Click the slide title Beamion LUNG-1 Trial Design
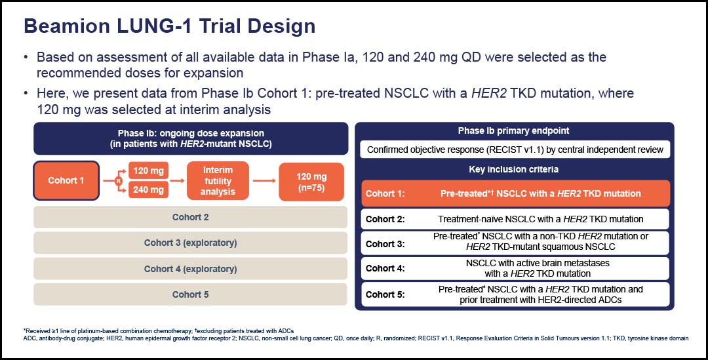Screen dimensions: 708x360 tap(169, 26)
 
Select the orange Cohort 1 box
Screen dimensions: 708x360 tap(66, 181)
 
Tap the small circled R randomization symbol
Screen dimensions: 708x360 tap(119, 181)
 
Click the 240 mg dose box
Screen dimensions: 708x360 tap(148, 190)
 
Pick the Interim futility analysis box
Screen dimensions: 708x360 tap(218, 181)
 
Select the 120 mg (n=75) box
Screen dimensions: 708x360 tap(311, 182)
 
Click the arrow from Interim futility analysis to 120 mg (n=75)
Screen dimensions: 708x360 tap(264, 181)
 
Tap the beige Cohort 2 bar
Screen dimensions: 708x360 tap(191, 217)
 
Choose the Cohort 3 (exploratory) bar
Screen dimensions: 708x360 tap(191, 243)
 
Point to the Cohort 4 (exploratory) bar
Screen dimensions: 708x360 tap(191, 270)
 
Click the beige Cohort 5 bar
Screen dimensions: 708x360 tap(191, 294)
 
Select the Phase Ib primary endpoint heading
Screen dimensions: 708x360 tap(513, 131)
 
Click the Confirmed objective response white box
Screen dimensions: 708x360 tap(515, 150)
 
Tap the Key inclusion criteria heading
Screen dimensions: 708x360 tap(513, 169)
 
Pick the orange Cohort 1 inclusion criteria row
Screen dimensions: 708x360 tap(515, 193)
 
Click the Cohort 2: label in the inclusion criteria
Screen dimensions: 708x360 tap(385, 220)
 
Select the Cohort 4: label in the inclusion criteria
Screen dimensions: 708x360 tap(385, 268)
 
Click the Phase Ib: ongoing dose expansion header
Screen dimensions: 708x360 tap(191, 138)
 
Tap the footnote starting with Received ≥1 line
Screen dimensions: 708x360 tap(159, 331)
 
